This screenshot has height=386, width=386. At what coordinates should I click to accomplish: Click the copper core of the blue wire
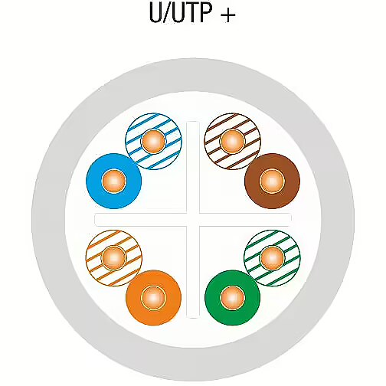click(x=114, y=181)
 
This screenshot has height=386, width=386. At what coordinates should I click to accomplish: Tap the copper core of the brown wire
click(x=272, y=181)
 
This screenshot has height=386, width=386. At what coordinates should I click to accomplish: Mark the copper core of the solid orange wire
click(x=153, y=298)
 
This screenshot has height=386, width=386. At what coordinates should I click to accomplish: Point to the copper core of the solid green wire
click(x=233, y=298)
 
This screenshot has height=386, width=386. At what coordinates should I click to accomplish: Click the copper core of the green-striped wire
click(x=272, y=258)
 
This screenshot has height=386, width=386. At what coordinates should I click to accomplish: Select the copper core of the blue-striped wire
click(x=153, y=141)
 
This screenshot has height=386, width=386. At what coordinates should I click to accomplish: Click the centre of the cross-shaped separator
click(x=193, y=220)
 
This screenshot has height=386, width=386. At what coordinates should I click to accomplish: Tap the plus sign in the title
click(x=227, y=15)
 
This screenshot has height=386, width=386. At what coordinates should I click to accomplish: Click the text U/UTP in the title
click(x=180, y=12)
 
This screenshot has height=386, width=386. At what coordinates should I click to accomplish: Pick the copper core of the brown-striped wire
click(x=233, y=141)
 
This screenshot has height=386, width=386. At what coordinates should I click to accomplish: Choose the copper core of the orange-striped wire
click(x=114, y=258)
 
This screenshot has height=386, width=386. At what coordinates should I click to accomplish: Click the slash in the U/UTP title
click(x=167, y=13)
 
